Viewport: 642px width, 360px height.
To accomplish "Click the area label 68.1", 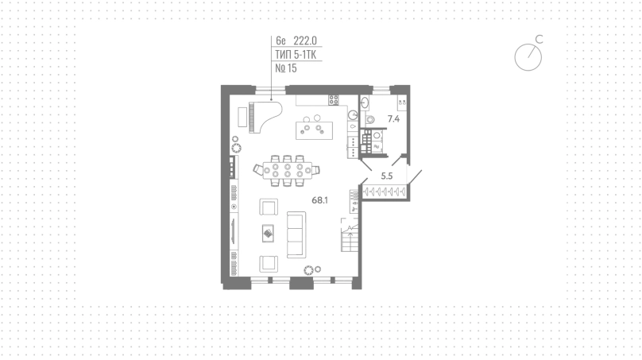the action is [319, 200].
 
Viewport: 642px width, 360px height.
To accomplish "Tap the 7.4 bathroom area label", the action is [393, 119].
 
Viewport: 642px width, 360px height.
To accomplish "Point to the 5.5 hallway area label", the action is [387, 176].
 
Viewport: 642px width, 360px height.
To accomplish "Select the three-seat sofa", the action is [296, 234].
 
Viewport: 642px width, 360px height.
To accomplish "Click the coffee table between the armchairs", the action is [269, 234].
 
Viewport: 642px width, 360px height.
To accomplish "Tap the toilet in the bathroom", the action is [370, 119].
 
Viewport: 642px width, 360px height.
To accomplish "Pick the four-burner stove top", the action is [333, 99].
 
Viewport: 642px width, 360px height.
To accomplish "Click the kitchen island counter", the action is [314, 130].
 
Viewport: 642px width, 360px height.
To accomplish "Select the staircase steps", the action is [350, 242].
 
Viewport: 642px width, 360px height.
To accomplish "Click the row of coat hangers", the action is [385, 192].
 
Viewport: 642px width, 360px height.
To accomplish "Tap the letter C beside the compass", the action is [540, 39].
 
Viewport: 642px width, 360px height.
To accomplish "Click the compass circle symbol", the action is [528, 57].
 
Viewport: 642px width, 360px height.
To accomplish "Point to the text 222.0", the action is [305, 41].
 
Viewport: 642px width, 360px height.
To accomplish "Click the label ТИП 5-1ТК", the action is [296, 55].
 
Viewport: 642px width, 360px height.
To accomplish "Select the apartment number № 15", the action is [286, 68].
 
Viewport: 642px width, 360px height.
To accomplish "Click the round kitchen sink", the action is [353, 114].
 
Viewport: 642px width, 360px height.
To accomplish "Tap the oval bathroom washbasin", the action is [365, 102].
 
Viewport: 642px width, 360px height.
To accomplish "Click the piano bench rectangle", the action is [243, 117].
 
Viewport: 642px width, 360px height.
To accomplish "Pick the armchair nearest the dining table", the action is [269, 207].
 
